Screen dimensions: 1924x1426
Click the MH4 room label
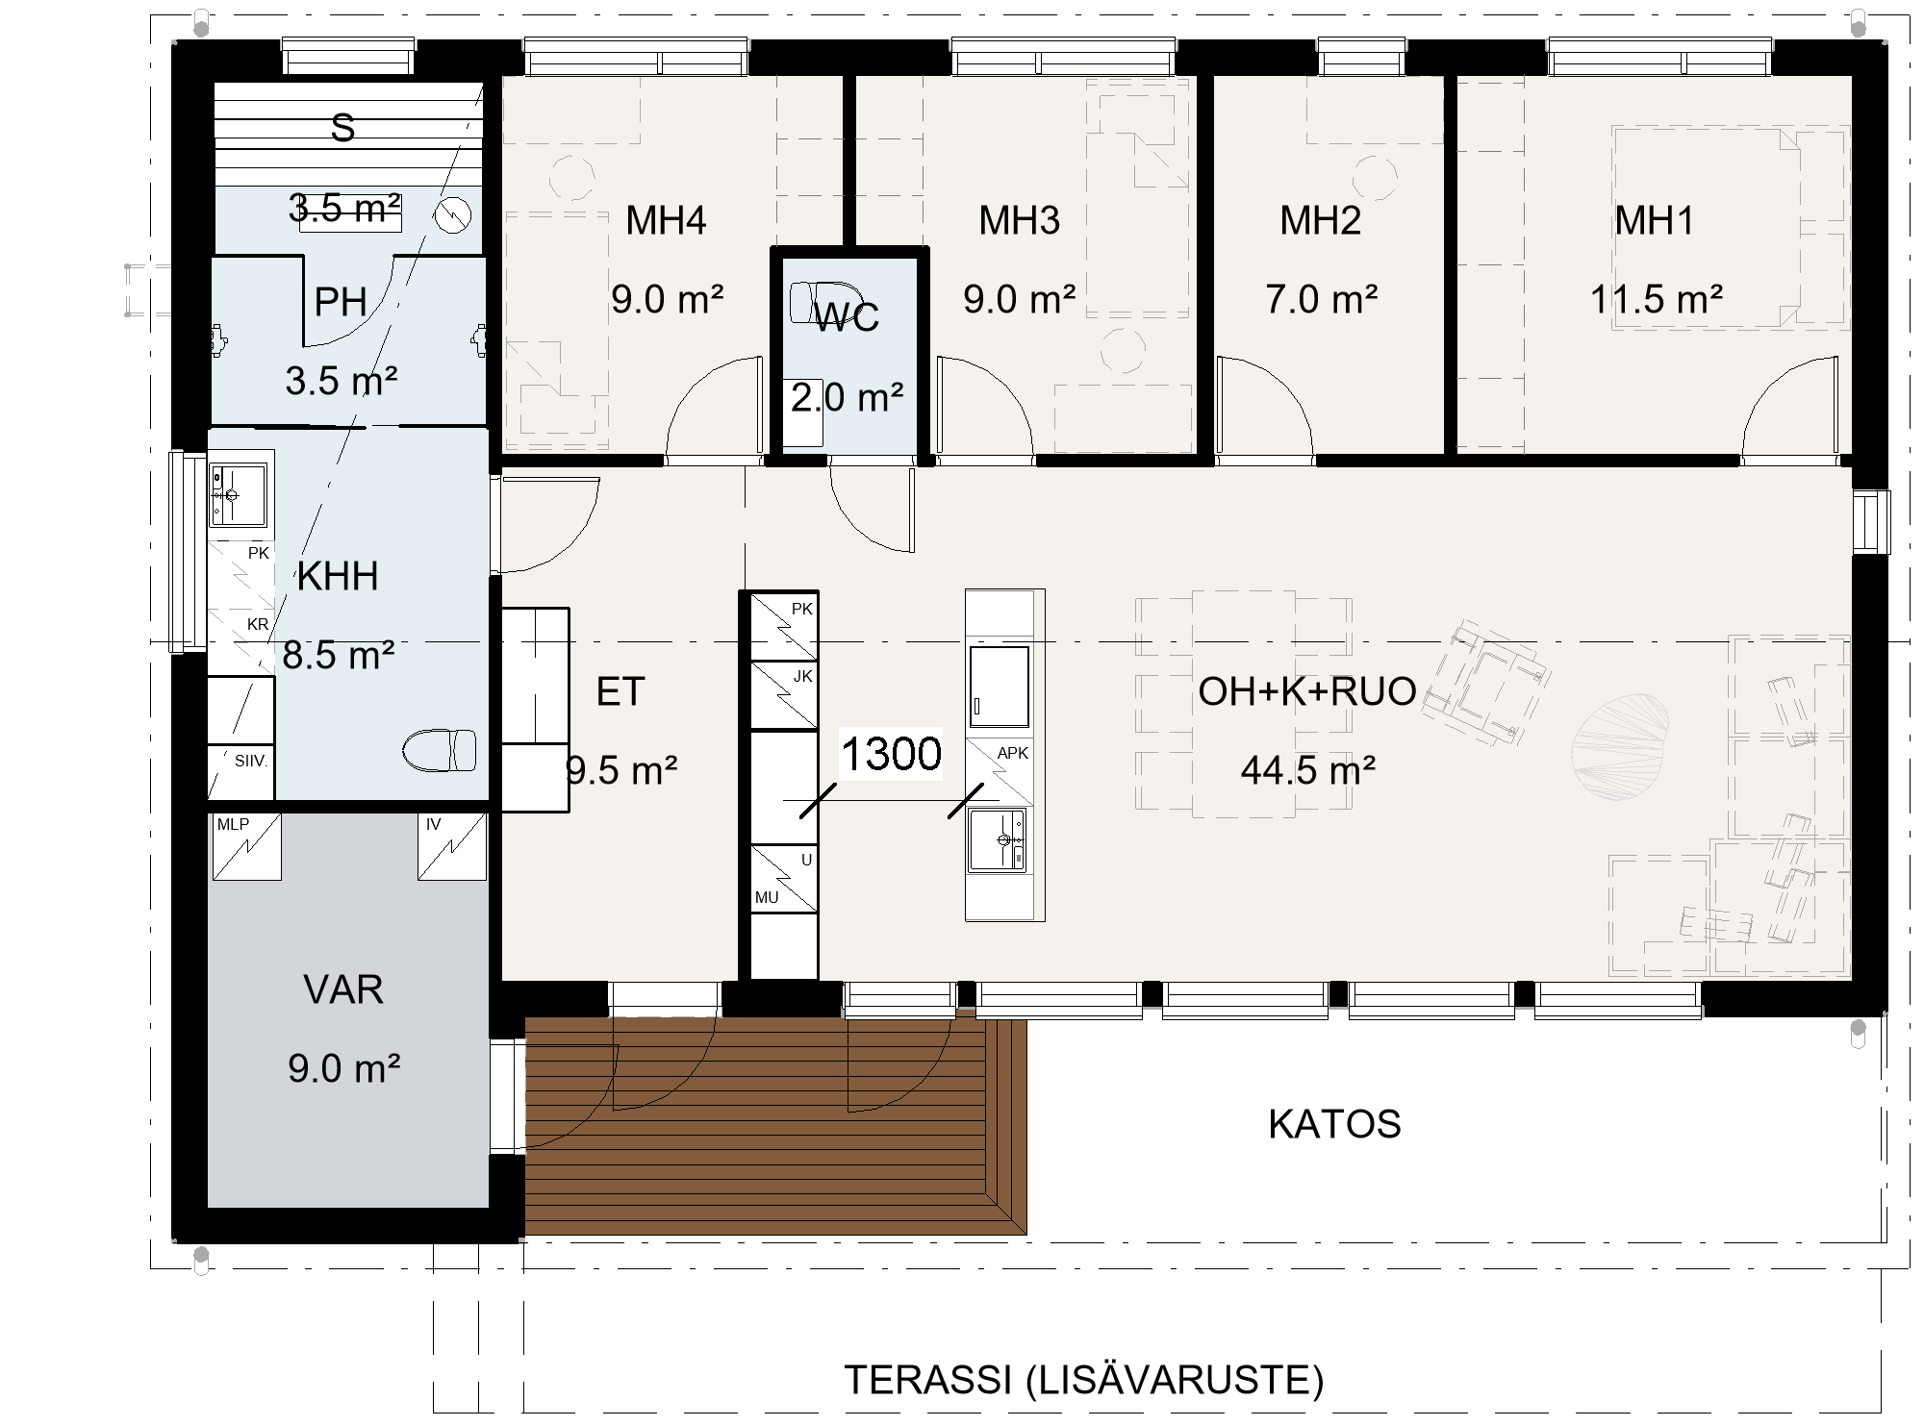pyautogui.click(x=666, y=220)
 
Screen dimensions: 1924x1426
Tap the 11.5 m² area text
pyautogui.click(x=1656, y=300)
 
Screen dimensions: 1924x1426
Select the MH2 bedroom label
pyautogui.click(x=1320, y=220)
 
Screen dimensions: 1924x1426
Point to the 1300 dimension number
pyautogui.click(x=891, y=754)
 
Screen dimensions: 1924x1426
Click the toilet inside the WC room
pyautogui.click(x=823, y=302)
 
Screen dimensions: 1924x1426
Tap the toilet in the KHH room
pyautogui.click(x=440, y=751)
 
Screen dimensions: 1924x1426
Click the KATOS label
pyautogui.click(x=1334, y=1124)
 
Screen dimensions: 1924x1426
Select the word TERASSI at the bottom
pyautogui.click(x=928, y=1380)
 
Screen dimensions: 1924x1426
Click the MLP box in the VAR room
pyautogui.click(x=246, y=846)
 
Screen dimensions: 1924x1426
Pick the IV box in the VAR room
pyautogui.click(x=452, y=846)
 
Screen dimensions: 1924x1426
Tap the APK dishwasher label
pyautogui.click(x=1013, y=754)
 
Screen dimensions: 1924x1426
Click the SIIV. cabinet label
pyautogui.click(x=251, y=761)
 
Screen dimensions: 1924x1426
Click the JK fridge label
pyautogui.click(x=803, y=677)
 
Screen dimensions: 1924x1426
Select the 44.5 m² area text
pyautogui.click(x=1307, y=770)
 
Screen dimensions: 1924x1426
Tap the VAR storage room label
pyautogui.click(x=343, y=990)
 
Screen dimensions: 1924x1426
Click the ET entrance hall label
pyautogui.click(x=620, y=691)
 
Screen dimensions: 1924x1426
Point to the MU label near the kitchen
pyautogui.click(x=767, y=898)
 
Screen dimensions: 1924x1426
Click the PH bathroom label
pyautogui.click(x=341, y=302)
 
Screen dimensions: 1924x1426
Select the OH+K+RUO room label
pyautogui.click(x=1307, y=691)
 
